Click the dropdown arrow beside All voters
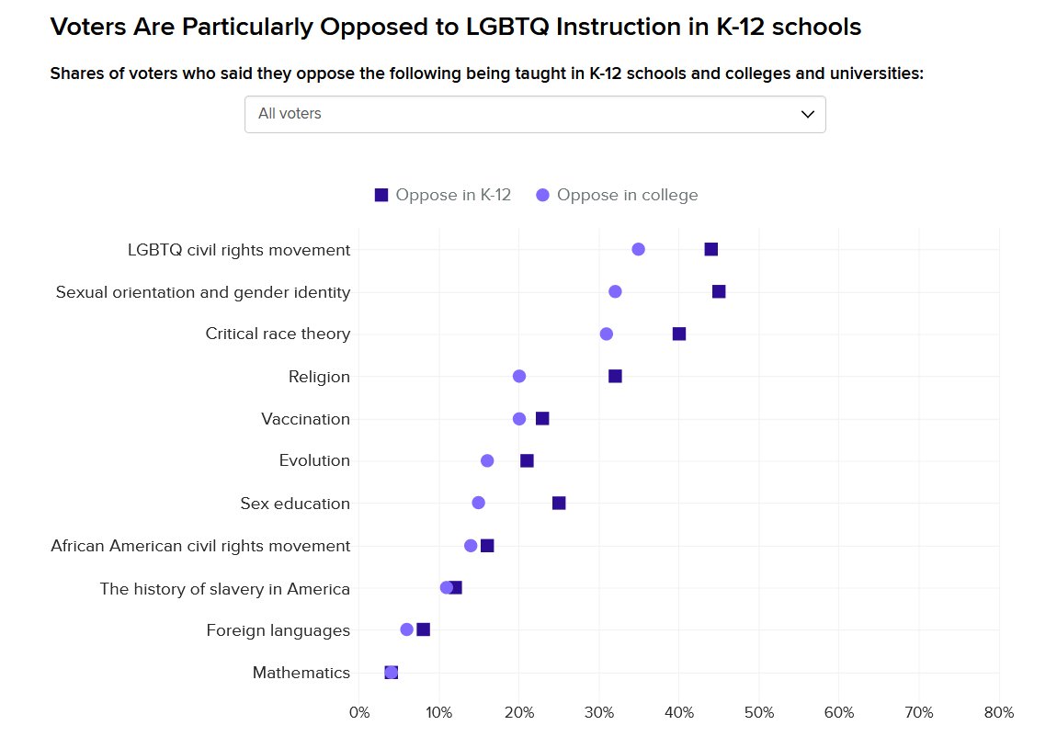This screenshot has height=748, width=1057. coord(808,114)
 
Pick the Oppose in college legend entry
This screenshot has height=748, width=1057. coord(617,195)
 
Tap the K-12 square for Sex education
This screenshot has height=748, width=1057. coord(559,503)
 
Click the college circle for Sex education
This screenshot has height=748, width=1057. coord(478,503)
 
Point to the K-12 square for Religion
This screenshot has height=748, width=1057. coord(615,376)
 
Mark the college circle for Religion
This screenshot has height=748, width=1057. coord(519,376)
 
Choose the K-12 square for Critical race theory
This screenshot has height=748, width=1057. coord(679,334)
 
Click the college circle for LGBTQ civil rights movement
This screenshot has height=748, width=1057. coord(639,249)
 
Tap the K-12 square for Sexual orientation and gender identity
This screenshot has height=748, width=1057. coord(719,291)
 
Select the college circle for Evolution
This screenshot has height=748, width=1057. coord(487,460)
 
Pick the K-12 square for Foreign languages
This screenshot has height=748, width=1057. coord(423,629)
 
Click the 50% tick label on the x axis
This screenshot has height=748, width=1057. coord(759,712)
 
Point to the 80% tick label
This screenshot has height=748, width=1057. coord(999,712)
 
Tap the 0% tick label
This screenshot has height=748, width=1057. coord(359,712)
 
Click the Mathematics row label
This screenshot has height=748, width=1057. coord(301,673)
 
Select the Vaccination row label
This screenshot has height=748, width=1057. coord(305,419)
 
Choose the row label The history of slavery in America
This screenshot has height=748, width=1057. coord(225,589)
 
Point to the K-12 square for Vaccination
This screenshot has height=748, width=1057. coord(542,418)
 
